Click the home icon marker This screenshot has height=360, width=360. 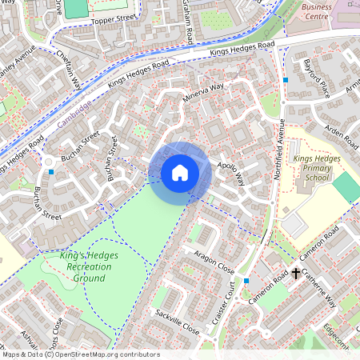point(180,172)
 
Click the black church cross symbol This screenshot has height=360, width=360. point(296,274)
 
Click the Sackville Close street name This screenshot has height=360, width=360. point(177,320)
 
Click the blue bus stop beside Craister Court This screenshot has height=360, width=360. point(246,282)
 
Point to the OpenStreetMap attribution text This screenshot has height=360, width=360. point(80,354)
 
